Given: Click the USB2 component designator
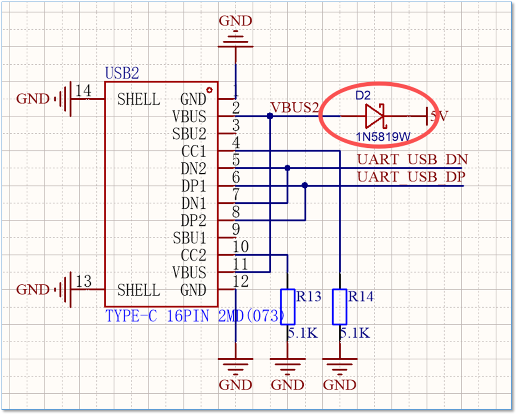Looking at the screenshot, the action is point(122,73).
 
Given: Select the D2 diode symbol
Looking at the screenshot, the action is point(375,116).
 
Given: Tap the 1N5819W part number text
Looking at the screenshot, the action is point(383,137).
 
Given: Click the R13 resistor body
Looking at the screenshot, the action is point(288,307).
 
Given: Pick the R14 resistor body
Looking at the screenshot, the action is point(339,307).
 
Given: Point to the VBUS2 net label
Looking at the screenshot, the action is point(295,107).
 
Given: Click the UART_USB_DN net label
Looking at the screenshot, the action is point(412,160).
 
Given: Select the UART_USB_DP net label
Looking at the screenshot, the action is point(411,177).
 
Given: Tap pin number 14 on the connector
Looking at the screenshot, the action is point(83,91).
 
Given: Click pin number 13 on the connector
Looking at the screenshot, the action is point(83,281).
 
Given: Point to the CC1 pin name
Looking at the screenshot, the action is point(194,151).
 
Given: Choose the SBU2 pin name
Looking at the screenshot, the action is point(189,134).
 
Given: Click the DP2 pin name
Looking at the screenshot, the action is point(194,220).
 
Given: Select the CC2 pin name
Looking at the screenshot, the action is point(194,255).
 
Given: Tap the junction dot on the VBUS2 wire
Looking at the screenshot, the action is point(270,116).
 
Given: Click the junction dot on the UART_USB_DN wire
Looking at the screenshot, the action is point(287,168).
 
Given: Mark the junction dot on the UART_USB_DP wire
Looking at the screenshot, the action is point(305,185).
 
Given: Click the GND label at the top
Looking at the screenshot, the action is point(235,21).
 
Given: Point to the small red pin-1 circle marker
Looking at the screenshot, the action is point(210,90).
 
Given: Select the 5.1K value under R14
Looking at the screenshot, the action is point(355,333).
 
